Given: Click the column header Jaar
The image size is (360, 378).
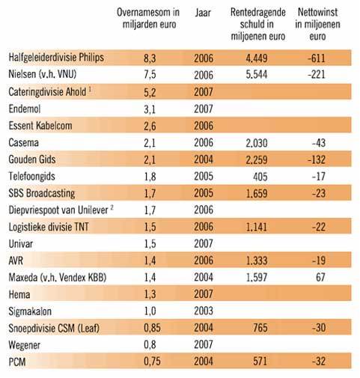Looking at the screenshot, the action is coord(203,13).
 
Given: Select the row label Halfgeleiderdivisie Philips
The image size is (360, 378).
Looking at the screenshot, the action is coord(56,58).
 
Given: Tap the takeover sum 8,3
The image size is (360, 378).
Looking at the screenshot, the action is coord(150,58).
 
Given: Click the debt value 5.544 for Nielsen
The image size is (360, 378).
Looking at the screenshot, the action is coord(257,75).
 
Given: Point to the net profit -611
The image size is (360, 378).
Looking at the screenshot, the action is coord(317,58).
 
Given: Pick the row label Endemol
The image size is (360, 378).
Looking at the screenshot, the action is coord(25,109).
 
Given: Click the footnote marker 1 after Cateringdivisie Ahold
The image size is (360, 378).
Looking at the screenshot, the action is coord(90,89).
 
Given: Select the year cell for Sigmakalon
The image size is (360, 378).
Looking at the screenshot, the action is coord(204,311).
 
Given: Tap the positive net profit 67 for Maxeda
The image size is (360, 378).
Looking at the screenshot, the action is coord(320,277).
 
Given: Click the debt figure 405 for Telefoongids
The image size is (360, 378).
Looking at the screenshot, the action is coord(260,177).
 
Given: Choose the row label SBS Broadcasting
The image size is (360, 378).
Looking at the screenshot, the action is coord(42,193).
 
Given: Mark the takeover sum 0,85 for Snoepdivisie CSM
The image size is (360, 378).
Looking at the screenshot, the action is coord(152,328).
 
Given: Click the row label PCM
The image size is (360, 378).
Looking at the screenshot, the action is coord(17,362).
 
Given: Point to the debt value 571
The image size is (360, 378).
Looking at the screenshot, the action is coord(260,362).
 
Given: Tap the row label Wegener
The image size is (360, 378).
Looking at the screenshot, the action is coord(24,345).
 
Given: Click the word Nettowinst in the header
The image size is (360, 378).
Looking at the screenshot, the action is coord(317,12).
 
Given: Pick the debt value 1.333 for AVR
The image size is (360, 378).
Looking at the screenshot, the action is coord(257,260).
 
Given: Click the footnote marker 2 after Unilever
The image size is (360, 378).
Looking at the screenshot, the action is coord(112,207).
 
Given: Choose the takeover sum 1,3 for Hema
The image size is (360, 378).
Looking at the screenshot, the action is coord(150,294).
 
